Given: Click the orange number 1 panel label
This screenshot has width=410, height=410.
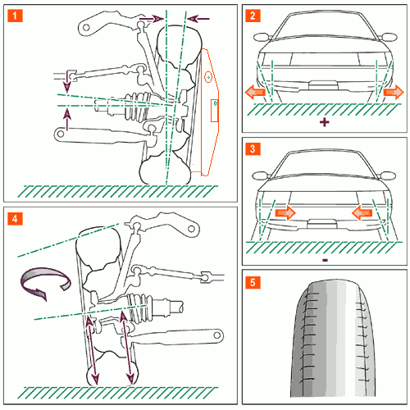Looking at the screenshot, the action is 15,16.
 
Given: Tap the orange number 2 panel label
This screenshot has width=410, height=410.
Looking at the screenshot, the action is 253,16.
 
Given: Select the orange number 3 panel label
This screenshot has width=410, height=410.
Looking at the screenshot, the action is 253,148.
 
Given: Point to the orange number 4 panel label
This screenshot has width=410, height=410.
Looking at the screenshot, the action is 15,219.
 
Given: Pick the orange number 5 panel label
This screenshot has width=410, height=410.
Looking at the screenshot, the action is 253,282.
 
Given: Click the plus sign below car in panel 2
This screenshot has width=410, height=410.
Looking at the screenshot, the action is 325,122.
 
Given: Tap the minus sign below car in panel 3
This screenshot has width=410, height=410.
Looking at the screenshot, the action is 325,260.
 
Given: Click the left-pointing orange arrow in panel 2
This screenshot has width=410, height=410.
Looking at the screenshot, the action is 255,92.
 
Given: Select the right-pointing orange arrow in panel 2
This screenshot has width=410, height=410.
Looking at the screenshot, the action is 394,92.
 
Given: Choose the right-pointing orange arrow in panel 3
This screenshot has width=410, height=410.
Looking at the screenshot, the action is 285,212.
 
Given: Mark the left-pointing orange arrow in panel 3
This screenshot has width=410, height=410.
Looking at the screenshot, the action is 362,212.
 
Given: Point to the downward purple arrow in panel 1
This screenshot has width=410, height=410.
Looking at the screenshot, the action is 67,81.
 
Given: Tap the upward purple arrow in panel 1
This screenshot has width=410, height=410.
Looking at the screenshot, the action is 67,119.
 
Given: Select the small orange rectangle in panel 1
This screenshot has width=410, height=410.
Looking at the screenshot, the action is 214,111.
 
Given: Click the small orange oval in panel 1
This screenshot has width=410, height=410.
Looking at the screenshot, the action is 208,77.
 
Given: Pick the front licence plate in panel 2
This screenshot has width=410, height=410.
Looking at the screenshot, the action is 323,85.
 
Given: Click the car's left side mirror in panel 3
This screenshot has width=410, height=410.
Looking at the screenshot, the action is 261,175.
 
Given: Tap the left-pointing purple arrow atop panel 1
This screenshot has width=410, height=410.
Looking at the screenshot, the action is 198,19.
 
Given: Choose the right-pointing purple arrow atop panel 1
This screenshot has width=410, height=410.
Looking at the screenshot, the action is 152,19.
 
